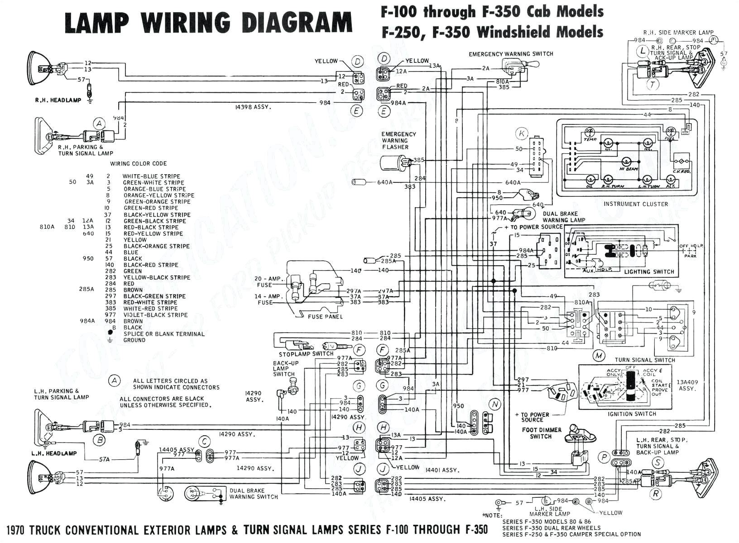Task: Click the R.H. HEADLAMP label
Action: (x=58, y=100)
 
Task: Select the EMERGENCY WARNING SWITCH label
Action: (x=511, y=54)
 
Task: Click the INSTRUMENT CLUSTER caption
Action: (x=635, y=204)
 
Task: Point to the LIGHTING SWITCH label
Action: (x=649, y=272)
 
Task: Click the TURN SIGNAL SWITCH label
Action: (x=645, y=360)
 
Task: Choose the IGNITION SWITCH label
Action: (x=632, y=414)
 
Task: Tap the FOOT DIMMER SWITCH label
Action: (x=541, y=433)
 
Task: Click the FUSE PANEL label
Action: (x=325, y=317)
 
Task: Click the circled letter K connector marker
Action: (x=522, y=133)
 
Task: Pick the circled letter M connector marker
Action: (x=599, y=356)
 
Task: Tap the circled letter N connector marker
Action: (x=495, y=404)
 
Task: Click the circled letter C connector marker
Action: (x=205, y=442)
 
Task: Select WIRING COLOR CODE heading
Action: (x=139, y=164)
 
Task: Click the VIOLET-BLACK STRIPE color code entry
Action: (x=155, y=315)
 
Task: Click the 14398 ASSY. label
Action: (x=253, y=107)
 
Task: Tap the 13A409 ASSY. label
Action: (x=687, y=385)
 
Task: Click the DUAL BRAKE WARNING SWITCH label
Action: (x=253, y=494)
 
